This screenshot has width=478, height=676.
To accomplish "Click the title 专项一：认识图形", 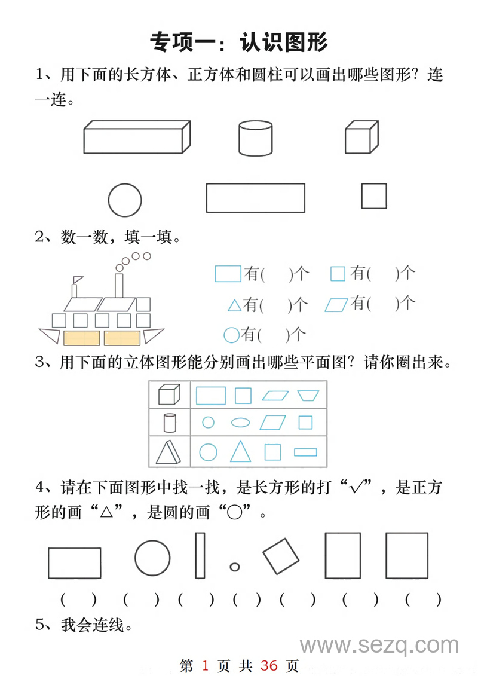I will tap(239, 42).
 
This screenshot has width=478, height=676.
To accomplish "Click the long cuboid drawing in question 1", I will tap(137, 137).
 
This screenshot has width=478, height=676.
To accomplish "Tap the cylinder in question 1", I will tap(256, 138).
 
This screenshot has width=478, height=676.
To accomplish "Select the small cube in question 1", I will tap(361, 137).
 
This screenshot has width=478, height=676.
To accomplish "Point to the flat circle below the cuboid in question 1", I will tap(125, 200).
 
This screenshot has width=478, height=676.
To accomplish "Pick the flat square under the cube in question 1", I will tap(374, 196).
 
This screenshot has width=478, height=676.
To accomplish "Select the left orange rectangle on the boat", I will tap(81, 338).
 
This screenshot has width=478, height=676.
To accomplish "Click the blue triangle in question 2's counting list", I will tap(235, 305).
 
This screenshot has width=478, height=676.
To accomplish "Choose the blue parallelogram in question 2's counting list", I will tap(336, 305).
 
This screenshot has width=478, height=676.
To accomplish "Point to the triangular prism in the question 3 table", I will tap(168, 452).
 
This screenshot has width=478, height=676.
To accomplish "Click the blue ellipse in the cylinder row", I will tap(240, 423).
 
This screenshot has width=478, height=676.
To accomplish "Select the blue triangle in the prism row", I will tap(240, 451).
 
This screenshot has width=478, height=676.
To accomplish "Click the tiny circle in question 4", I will tap(235, 567).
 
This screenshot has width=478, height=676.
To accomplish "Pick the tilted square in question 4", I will tap(281, 556).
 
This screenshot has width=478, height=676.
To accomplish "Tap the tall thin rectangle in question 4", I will tap(200, 555).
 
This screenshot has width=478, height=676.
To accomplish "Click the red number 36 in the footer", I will tap(269, 665).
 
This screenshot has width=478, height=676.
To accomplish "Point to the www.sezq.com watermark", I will tap(379, 646).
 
